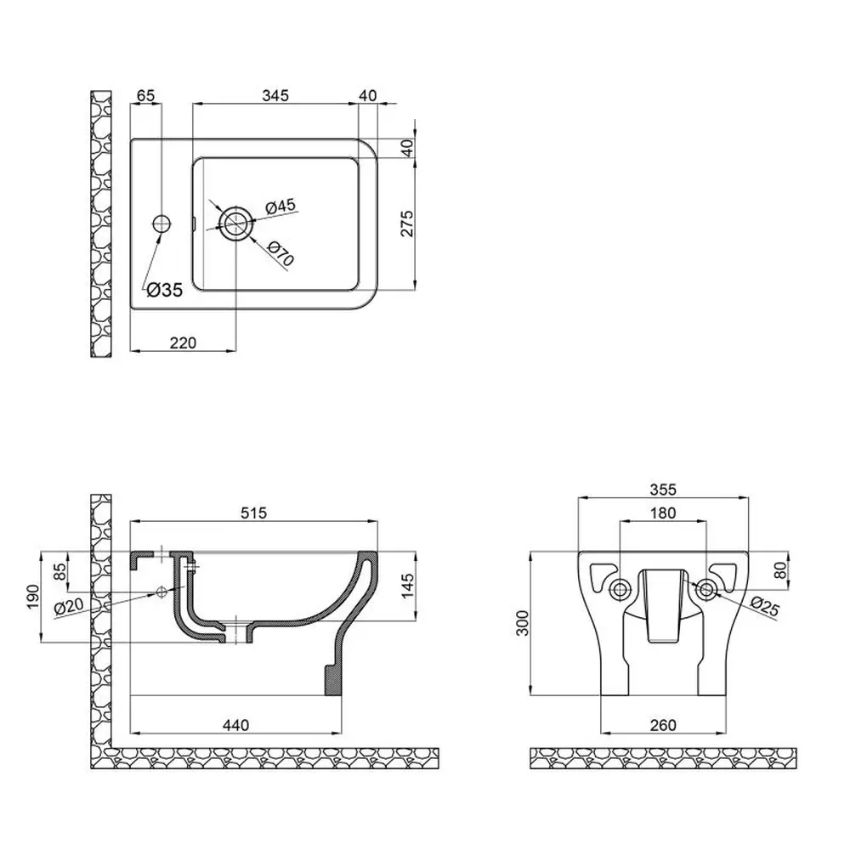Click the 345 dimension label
click(275, 95)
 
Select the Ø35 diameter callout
click(165, 290)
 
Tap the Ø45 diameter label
click(280, 207)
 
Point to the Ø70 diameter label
click(280, 253)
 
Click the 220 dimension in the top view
click(184, 343)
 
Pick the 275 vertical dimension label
click(406, 224)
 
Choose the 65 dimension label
click(145, 95)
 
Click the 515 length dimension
click(253, 513)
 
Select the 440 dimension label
click(235, 725)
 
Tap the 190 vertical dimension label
click(33, 597)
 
